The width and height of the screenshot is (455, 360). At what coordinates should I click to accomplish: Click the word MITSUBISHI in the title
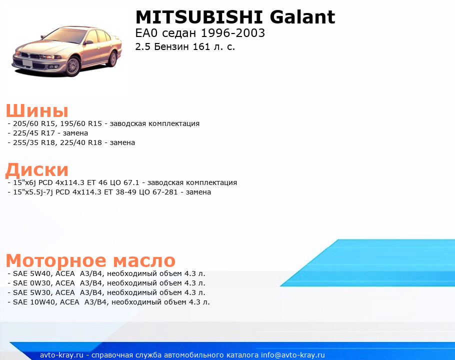click(199, 17)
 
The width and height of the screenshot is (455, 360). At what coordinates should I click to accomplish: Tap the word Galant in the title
click(302, 17)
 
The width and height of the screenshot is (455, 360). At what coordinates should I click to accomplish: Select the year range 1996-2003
click(233, 33)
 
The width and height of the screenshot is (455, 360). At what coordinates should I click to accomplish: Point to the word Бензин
click(171, 46)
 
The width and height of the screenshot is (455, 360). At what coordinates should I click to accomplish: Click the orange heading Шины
click(37, 110)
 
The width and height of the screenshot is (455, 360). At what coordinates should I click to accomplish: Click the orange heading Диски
click(37, 169)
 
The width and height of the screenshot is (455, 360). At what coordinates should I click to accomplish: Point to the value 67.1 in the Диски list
click(131, 183)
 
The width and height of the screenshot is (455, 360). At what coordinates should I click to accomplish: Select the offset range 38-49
click(125, 192)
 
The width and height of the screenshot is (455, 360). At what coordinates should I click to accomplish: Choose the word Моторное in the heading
click(56, 260)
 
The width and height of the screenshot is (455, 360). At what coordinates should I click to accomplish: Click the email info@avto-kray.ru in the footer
click(293, 355)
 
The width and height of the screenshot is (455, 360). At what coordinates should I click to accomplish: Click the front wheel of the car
click(72, 66)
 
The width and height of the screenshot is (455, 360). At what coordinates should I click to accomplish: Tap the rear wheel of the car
click(112, 58)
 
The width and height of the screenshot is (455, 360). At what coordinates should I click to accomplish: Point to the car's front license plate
click(27, 62)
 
